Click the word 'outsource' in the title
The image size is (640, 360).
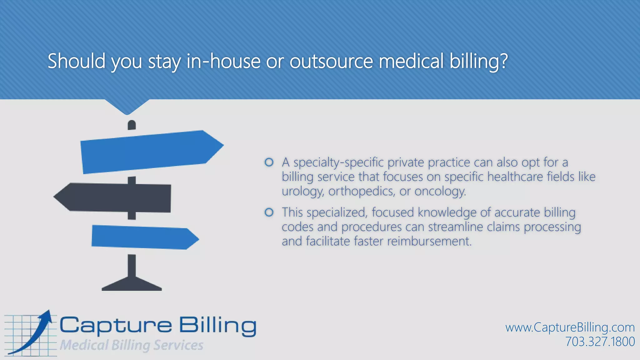(x=331, y=61)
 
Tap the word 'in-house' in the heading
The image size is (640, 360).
(x=223, y=61)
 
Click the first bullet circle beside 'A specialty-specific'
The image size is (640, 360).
(x=269, y=162)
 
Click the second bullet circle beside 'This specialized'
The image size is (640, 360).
(x=269, y=212)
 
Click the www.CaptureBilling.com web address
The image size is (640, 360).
(x=570, y=327)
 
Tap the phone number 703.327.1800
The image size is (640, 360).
(x=600, y=342)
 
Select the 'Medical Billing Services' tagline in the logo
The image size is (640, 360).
(x=132, y=345)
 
